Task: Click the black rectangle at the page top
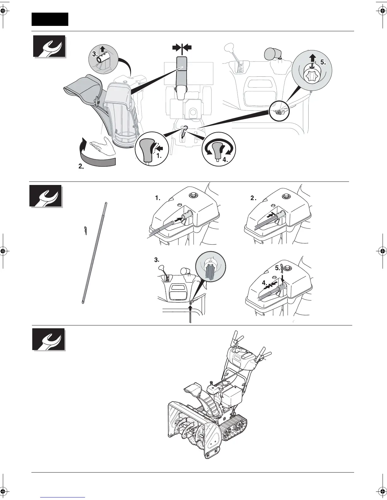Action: [x=50, y=19]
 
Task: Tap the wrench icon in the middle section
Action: [x=46, y=196]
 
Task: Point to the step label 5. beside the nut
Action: [x=323, y=62]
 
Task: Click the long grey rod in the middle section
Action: [x=94, y=253]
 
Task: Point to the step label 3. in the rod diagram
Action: [x=157, y=260]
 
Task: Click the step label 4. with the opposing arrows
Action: [x=265, y=283]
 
